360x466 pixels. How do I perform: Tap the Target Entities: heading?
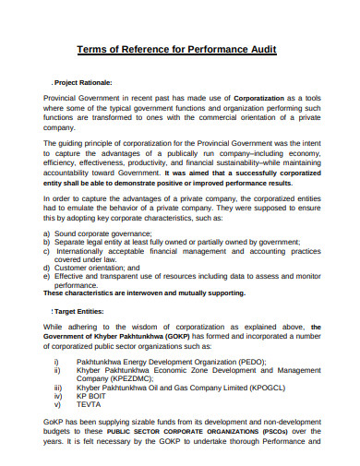(x=78, y=312)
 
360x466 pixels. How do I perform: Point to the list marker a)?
(x=47, y=233)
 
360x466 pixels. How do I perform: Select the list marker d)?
(x=47, y=268)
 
